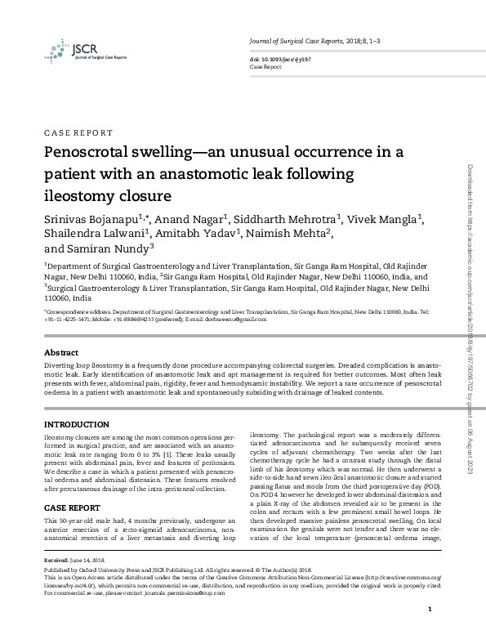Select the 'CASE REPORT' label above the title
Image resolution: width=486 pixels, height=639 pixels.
78,132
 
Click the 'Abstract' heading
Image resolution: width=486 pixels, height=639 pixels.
61,351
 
